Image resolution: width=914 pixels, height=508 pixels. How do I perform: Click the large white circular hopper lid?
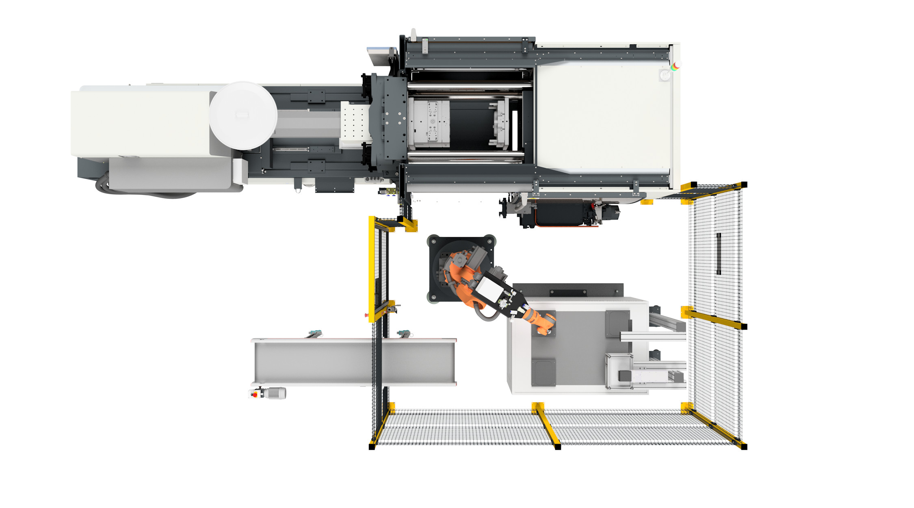243,115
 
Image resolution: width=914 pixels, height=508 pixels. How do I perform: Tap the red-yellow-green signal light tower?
676,66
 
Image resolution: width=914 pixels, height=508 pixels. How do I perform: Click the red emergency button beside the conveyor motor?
255,394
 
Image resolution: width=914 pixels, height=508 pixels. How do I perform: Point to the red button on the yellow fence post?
366,315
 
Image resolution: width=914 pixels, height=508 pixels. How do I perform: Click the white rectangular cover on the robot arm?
490,291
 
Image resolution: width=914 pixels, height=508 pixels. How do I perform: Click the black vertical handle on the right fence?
719,254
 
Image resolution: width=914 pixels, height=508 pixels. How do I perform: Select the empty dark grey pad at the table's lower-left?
544,372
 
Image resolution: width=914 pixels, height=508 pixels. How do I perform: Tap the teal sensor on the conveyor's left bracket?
313,332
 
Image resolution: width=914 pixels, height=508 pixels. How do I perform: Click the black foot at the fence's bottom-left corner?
372,447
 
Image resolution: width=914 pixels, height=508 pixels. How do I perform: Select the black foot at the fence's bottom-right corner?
744,447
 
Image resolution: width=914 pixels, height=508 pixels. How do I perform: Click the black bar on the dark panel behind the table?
568,293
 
